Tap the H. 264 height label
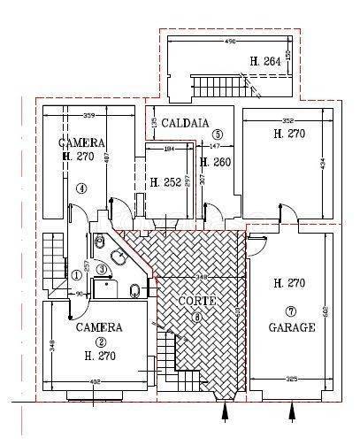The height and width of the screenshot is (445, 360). (265, 61)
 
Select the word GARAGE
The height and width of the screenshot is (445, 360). (291, 326)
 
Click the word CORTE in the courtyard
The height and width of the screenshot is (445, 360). (195, 301)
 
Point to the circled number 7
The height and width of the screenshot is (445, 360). (290, 311)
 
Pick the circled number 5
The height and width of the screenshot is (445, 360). (218, 134)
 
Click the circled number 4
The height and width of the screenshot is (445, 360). (80, 188)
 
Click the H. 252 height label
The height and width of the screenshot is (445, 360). (165, 183)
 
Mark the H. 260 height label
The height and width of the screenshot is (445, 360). (217, 162)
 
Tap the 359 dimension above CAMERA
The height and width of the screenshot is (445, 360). (88, 115)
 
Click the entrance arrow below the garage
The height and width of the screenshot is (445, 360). (293, 412)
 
